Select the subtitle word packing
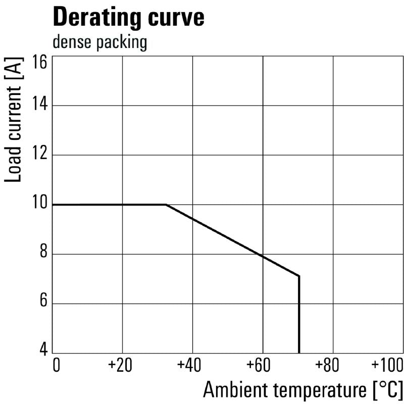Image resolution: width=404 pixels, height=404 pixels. click(x=121, y=43)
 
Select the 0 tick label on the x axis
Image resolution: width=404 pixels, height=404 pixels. click(x=56, y=365)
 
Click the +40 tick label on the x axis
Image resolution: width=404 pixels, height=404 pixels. click(x=191, y=365)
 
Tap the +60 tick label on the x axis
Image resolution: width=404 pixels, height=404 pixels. click(x=262, y=365)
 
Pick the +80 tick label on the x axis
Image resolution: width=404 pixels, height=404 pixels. click(x=332, y=365)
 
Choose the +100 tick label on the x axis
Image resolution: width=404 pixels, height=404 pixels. click(x=386, y=365)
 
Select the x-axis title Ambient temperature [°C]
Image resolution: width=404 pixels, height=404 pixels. click(x=303, y=390)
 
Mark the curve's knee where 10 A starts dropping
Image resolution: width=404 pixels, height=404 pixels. click(x=166, y=205)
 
